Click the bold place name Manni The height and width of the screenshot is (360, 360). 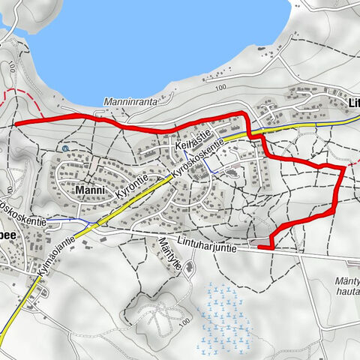click(x=92, y=191)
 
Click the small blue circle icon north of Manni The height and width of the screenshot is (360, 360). click(x=65, y=148)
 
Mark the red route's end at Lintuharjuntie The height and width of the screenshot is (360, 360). click(x=259, y=246)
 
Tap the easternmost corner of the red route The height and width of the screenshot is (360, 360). click(x=344, y=169)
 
